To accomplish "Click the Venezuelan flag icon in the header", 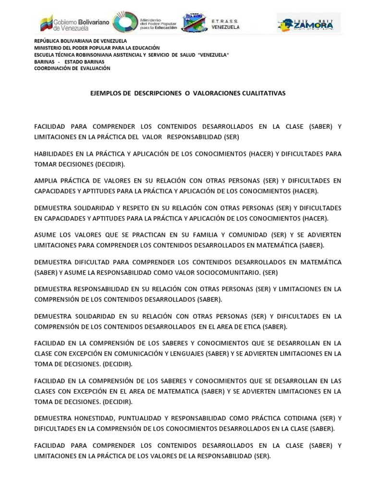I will [x=47, y=23].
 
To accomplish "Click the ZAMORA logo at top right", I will [x=308, y=23].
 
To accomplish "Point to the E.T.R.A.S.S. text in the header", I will [x=225, y=22].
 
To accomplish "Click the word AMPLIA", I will [x=45, y=181].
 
